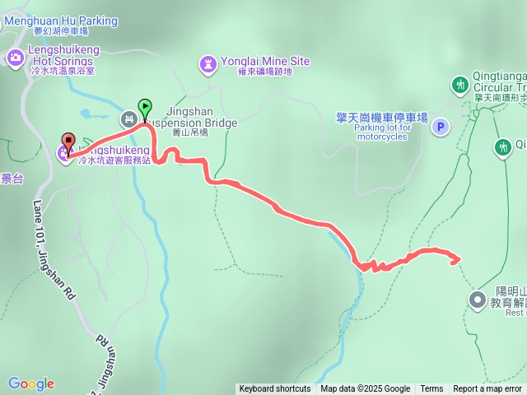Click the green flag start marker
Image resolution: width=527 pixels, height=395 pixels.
coord(145,107)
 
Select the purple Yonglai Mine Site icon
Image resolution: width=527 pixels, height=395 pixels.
coord(208,63)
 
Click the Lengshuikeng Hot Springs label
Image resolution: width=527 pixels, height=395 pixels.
coord(65,55)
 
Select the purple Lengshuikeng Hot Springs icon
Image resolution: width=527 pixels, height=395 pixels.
coord(14,57)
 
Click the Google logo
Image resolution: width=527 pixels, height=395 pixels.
coord(31,383)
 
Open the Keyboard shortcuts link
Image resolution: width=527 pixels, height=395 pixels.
coord(275,389)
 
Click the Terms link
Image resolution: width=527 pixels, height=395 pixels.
coord(431,389)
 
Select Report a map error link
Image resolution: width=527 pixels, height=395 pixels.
coord(487,389)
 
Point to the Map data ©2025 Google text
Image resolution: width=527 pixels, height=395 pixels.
coord(366,389)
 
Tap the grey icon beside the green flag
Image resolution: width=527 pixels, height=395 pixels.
coord(129,119)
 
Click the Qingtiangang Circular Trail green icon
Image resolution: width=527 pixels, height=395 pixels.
coord(459,84)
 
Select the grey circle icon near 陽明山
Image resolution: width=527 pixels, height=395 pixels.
coord(476,299)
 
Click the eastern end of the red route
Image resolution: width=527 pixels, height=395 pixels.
coord(457,260)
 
